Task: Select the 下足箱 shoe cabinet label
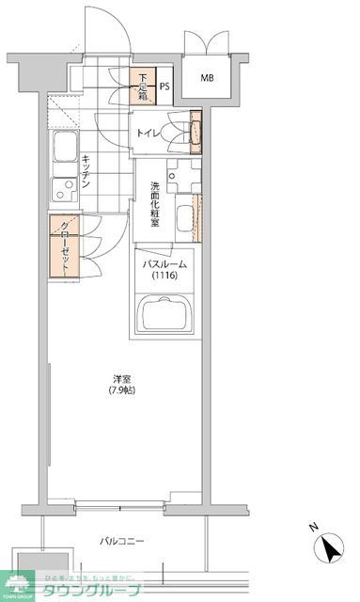click(140, 87)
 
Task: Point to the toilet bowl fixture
click(177, 133)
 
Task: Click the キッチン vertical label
click(85, 171)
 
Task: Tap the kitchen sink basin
click(64, 149)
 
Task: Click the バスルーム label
click(164, 265)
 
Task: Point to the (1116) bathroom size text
click(164, 277)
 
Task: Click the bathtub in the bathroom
click(164, 315)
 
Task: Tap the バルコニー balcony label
click(121, 541)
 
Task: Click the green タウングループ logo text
click(95, 589)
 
